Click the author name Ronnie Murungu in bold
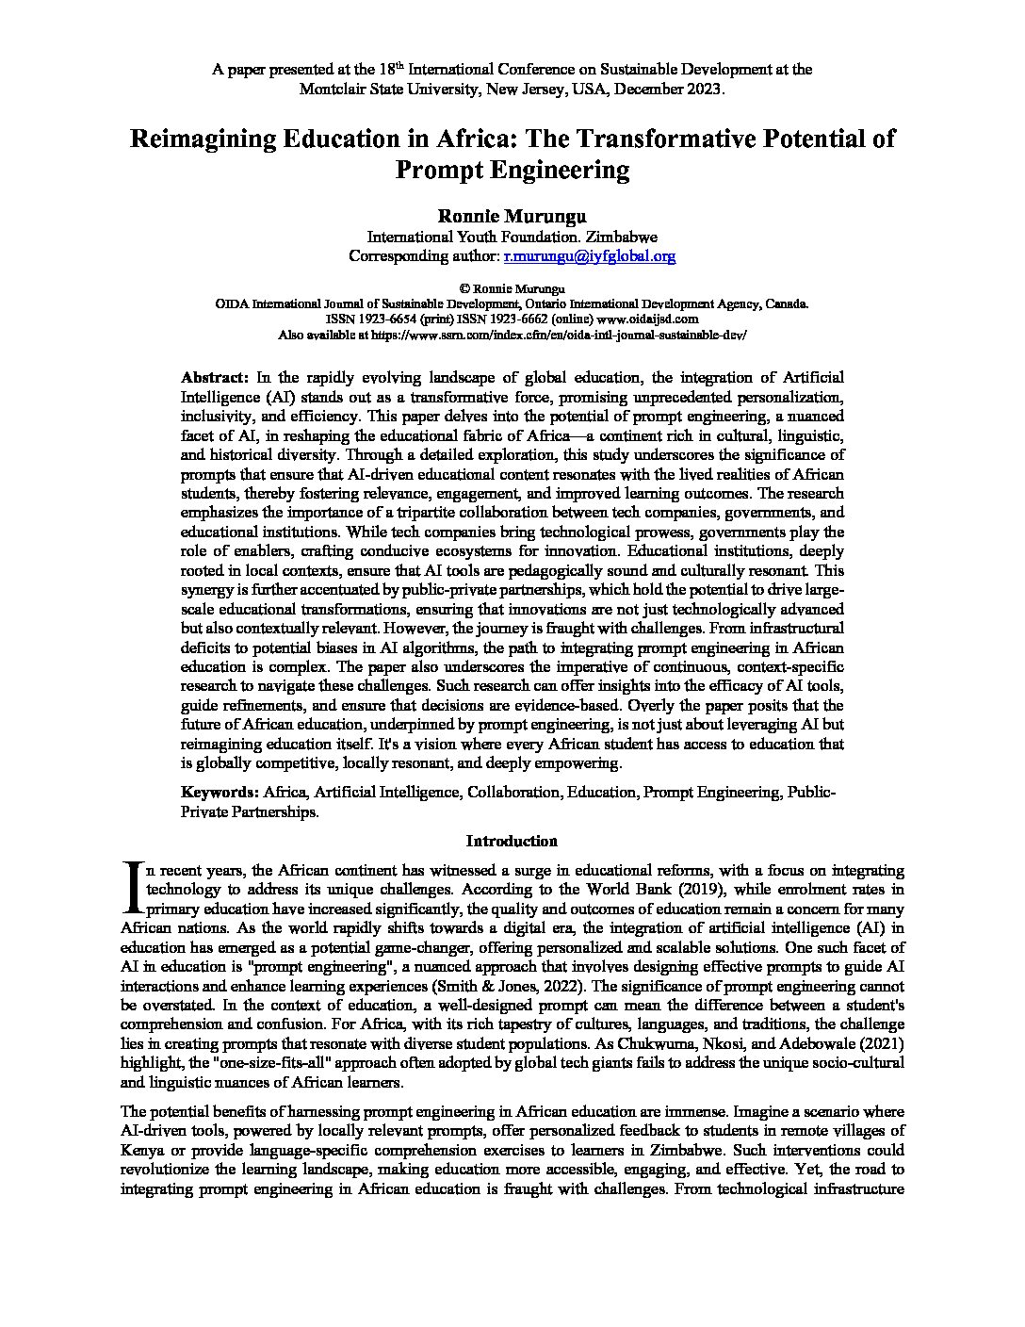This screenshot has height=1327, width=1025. pos(512,217)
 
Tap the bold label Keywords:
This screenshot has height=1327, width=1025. pos(220,793)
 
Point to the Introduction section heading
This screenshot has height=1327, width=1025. pos(512,841)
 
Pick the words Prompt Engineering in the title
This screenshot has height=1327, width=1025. pos(512,171)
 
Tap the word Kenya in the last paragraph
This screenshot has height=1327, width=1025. pos(142,1151)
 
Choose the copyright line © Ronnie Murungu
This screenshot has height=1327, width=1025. pos(511,288)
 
